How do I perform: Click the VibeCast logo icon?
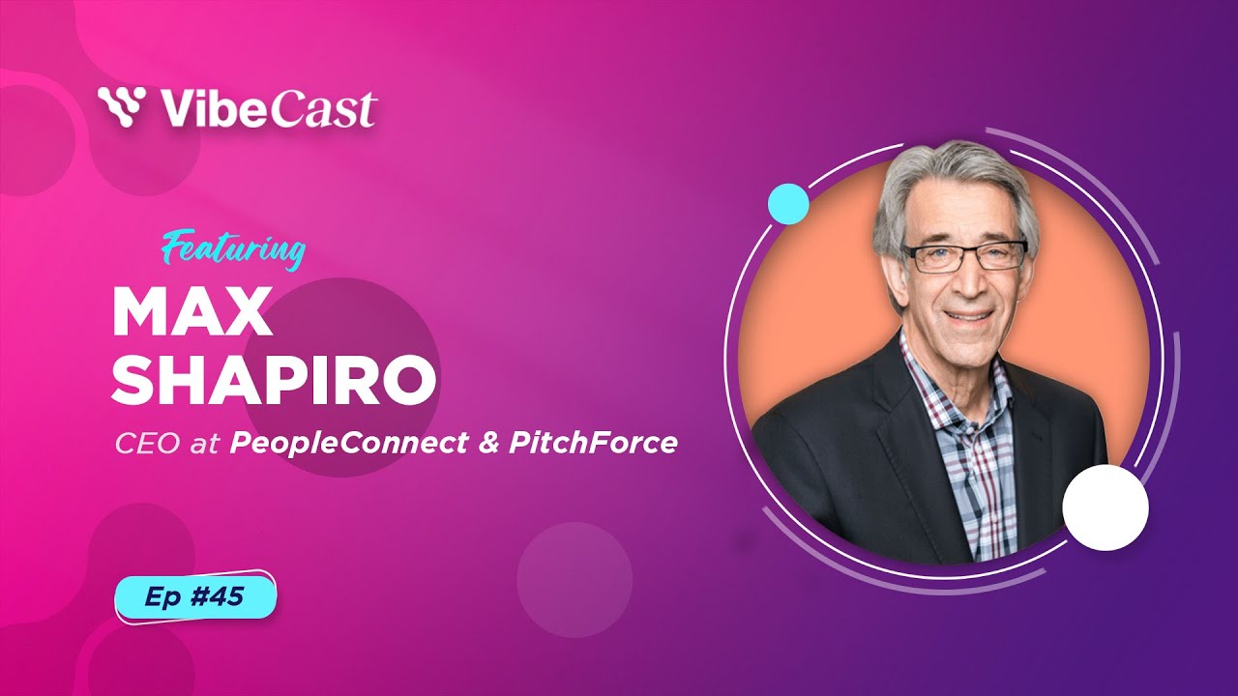click(x=122, y=107)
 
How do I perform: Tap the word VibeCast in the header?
click(x=269, y=108)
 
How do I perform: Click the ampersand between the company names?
click(x=483, y=445)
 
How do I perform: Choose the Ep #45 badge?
click(x=195, y=597)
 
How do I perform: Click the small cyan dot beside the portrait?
click(x=787, y=204)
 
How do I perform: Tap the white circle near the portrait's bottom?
click(x=1105, y=507)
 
